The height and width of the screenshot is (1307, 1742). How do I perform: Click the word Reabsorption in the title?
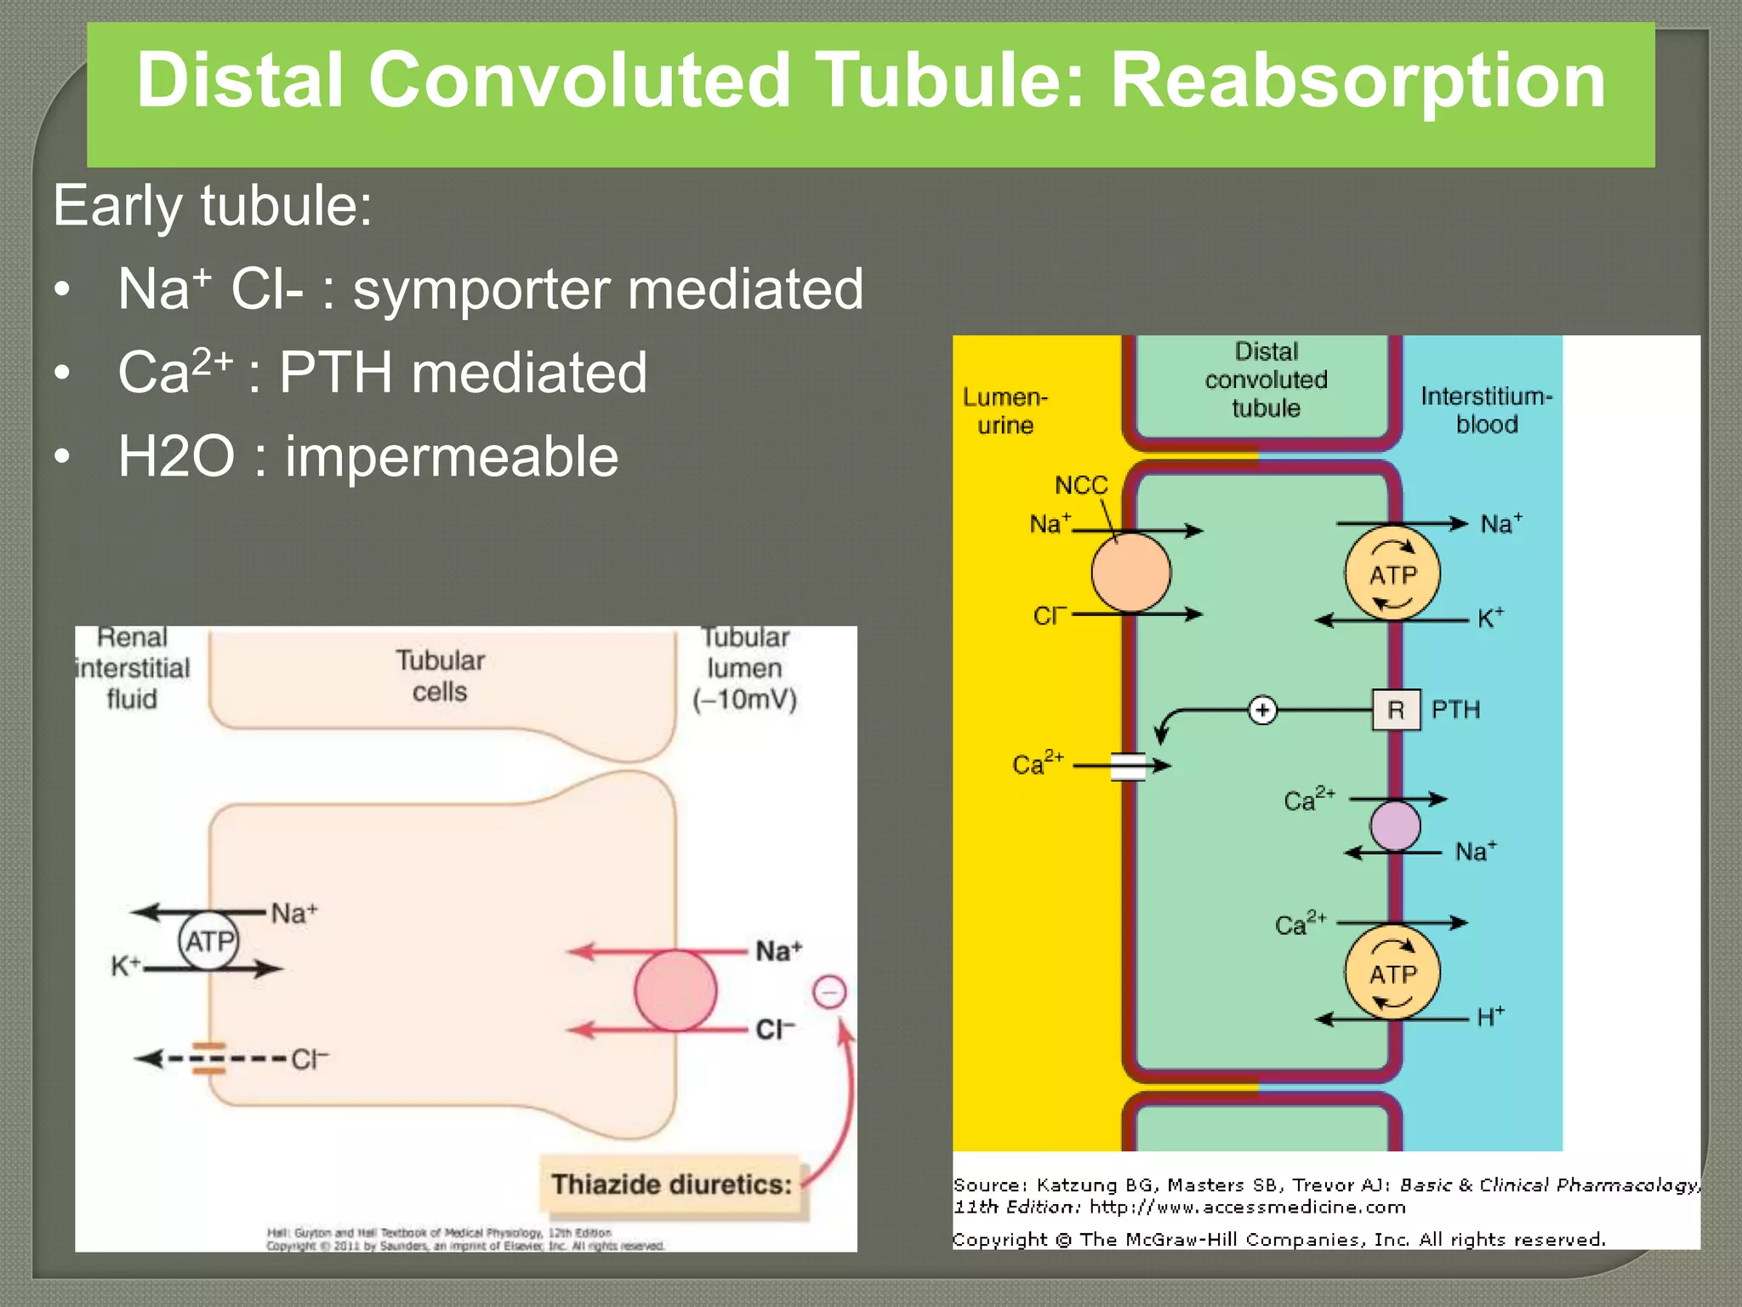[x=1358, y=81]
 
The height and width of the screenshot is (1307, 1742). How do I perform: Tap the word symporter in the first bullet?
[x=481, y=290]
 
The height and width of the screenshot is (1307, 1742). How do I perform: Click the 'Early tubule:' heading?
[x=213, y=206]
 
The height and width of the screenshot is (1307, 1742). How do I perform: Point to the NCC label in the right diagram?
[x=1081, y=485]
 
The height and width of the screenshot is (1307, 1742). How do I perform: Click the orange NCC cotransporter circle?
[x=1130, y=573]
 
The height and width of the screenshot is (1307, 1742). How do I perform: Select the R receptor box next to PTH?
[x=1396, y=710]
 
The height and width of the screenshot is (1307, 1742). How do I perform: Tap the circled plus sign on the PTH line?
[x=1262, y=710]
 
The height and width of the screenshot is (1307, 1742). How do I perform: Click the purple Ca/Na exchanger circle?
[x=1395, y=825]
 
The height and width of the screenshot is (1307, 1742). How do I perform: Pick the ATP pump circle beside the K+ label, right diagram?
[x=1392, y=574]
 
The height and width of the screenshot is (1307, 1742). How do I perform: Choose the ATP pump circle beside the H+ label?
[x=1392, y=973]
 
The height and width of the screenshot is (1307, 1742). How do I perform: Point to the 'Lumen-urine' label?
[x=1005, y=411]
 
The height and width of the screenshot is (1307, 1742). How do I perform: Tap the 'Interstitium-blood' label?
[x=1486, y=410]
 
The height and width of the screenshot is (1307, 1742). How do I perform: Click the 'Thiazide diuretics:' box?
[x=672, y=1184]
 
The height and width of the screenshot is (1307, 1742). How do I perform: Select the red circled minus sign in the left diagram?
[x=829, y=992]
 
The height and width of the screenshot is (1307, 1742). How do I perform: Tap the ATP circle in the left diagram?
[x=208, y=941]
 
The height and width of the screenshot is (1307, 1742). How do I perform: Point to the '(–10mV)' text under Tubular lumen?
[x=744, y=700]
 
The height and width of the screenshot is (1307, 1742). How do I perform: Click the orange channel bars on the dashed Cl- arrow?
[x=208, y=1059]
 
